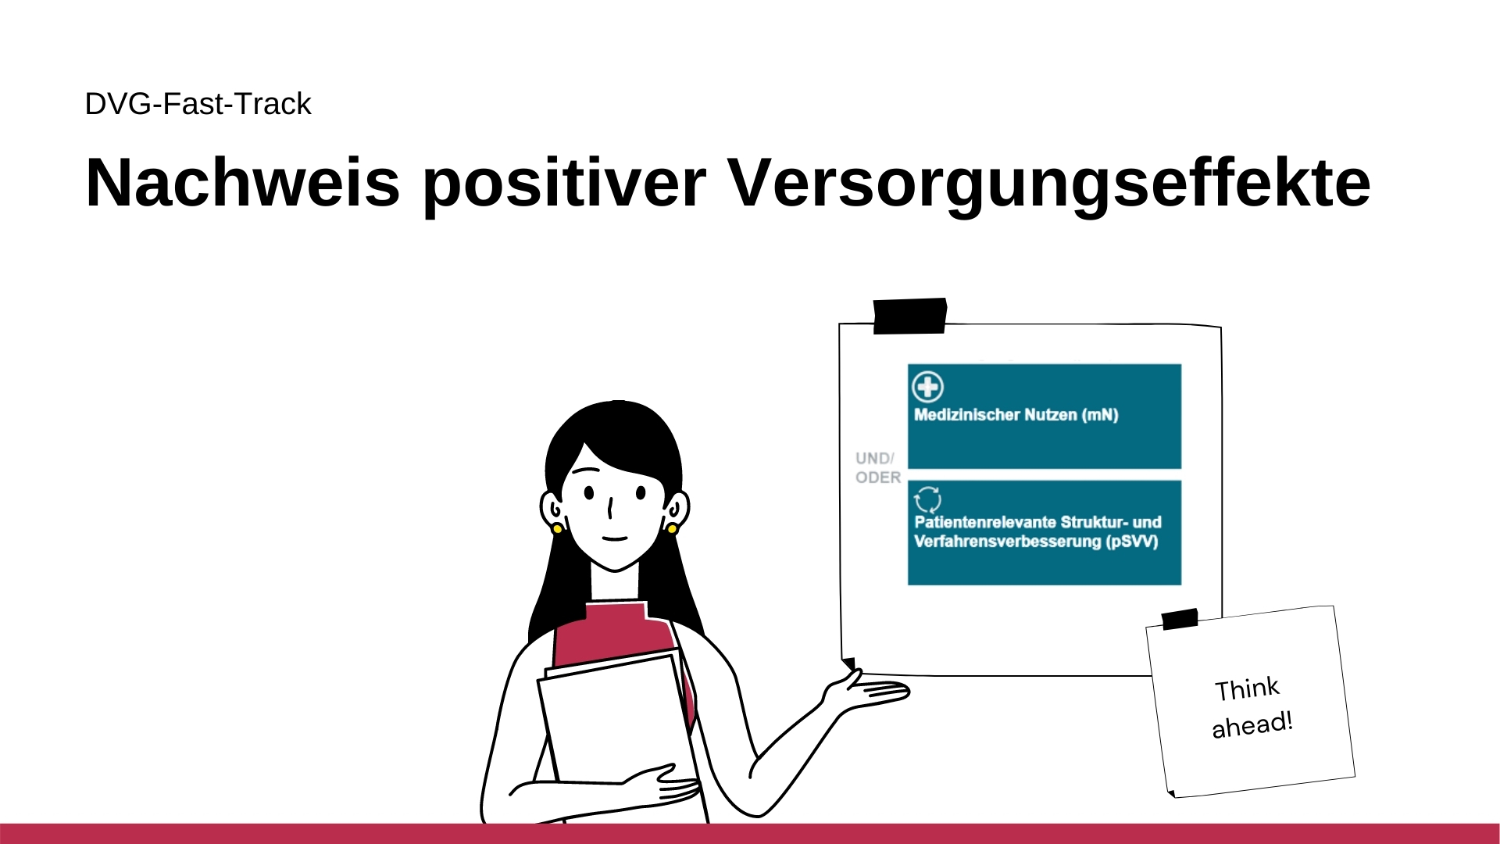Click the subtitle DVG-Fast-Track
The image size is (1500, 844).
tap(198, 104)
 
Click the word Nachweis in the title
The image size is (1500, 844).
tap(242, 183)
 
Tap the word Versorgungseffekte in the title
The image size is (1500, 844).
tap(1048, 183)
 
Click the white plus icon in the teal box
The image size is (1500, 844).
tap(927, 386)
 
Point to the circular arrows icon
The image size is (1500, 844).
tap(927, 499)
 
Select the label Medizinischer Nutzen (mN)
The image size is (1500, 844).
tap(1016, 415)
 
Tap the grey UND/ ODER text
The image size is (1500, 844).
tap(877, 467)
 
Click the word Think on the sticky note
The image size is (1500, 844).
tap(1247, 688)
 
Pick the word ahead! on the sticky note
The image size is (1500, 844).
tap(1252, 724)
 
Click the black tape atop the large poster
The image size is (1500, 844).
tap(909, 316)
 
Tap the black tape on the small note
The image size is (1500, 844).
tap(1180, 619)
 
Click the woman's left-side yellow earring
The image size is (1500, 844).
tap(557, 529)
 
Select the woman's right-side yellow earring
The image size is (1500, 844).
tap(672, 529)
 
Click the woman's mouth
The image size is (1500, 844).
tap(615, 538)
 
